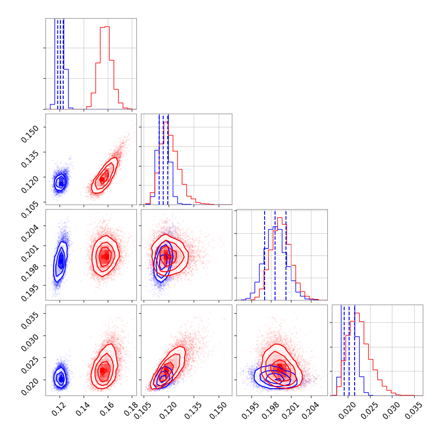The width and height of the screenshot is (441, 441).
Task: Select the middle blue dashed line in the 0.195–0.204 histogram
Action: click(x=275, y=255)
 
